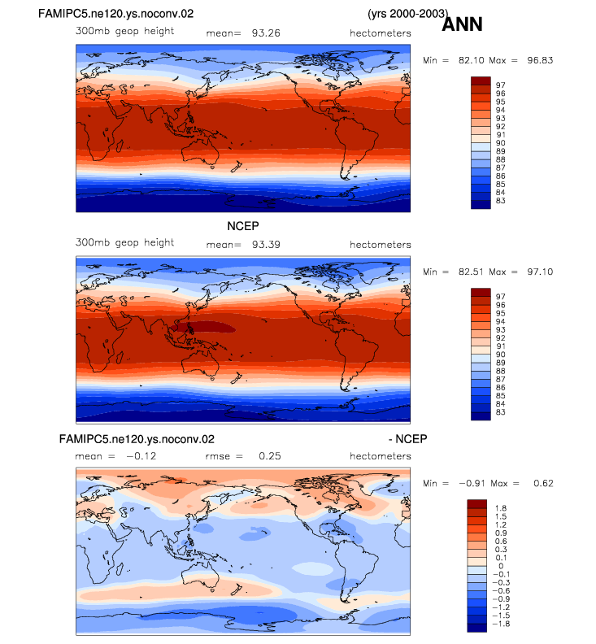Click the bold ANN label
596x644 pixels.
pyautogui.click(x=462, y=24)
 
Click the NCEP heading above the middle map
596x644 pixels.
pyautogui.click(x=243, y=226)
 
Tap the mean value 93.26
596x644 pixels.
pyautogui.click(x=266, y=33)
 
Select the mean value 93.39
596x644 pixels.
pyautogui.click(x=266, y=245)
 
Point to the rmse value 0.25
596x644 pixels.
pyautogui.click(x=270, y=456)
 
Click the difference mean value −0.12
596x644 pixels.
pyautogui.click(x=141, y=456)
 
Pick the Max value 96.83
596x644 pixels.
pyautogui.click(x=540, y=60)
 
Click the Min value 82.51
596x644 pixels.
pyautogui.click(x=472, y=272)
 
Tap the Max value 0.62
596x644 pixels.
pyautogui.click(x=543, y=484)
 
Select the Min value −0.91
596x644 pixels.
pyautogui.click(x=472, y=484)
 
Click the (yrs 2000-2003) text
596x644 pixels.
pyautogui.click(x=408, y=14)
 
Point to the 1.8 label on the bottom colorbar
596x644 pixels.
pyautogui.click(x=501, y=508)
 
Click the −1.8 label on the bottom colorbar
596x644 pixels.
pyautogui.click(x=501, y=624)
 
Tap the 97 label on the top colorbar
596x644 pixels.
pyautogui.click(x=500, y=85)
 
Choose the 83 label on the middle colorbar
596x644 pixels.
pyautogui.click(x=500, y=412)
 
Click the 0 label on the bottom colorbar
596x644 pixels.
pyautogui.click(x=501, y=566)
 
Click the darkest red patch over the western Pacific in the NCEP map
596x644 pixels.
pyautogui.click(x=204, y=328)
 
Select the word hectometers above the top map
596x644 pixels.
pyautogui.click(x=381, y=33)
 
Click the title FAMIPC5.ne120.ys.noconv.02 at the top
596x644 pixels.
pyautogui.click(x=115, y=14)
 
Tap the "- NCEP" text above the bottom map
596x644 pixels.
pyautogui.click(x=408, y=439)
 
